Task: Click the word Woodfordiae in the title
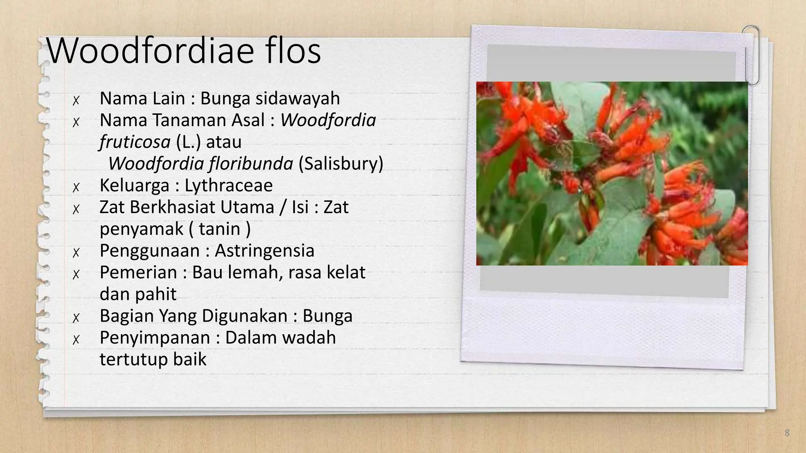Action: click(150, 51)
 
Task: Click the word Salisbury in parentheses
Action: click(341, 164)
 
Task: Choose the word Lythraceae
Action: click(229, 186)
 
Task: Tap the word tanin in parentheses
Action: click(219, 229)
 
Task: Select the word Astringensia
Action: click(264, 251)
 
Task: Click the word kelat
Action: click(346, 273)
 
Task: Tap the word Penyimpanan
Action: click(155, 338)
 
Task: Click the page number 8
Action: click(787, 433)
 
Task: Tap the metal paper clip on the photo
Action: click(751, 55)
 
